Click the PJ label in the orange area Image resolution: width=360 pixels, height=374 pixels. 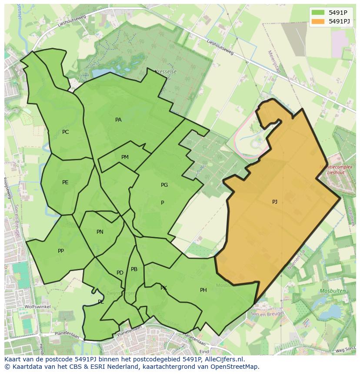pos(274,202)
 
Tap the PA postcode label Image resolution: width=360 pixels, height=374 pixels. pos(118,120)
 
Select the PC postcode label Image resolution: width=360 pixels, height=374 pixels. pos(65,132)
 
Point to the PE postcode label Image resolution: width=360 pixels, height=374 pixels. pos(65,182)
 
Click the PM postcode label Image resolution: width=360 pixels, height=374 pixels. pos(125,157)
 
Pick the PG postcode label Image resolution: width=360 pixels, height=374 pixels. pos(164,185)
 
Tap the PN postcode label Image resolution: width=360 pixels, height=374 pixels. pos(100,232)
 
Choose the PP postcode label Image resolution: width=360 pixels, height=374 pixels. pos(61,251)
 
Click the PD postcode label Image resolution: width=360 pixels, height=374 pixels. pos(120,273)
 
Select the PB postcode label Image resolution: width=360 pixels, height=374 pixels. pos(134,269)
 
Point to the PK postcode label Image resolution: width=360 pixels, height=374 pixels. pos(163,288)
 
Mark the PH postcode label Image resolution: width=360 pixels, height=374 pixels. pos(203,290)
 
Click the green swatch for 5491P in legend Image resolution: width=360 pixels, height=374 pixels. pos(317,13)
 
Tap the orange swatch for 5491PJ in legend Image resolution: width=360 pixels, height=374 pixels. pos(317,21)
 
